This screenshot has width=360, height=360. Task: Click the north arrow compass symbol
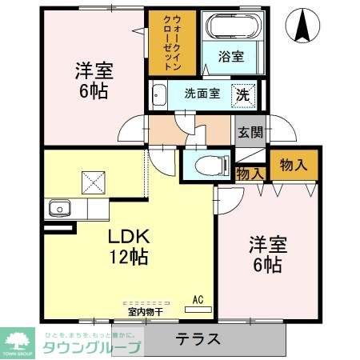pyautogui.click(x=303, y=26)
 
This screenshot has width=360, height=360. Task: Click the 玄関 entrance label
pyautogui.click(x=250, y=132)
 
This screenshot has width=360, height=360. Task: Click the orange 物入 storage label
pyautogui.click(x=293, y=165)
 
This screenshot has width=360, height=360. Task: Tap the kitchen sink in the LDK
pyautogui.click(x=58, y=210)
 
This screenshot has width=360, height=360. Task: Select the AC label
pyautogui.click(x=198, y=300)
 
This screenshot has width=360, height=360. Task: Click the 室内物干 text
pyautogui.click(x=145, y=311)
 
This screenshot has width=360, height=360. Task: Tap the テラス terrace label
pyautogui.click(x=198, y=339)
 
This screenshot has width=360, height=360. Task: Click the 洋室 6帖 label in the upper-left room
pyautogui.click(x=94, y=79)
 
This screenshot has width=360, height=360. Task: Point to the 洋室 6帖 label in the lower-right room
pyautogui.click(x=267, y=254)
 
